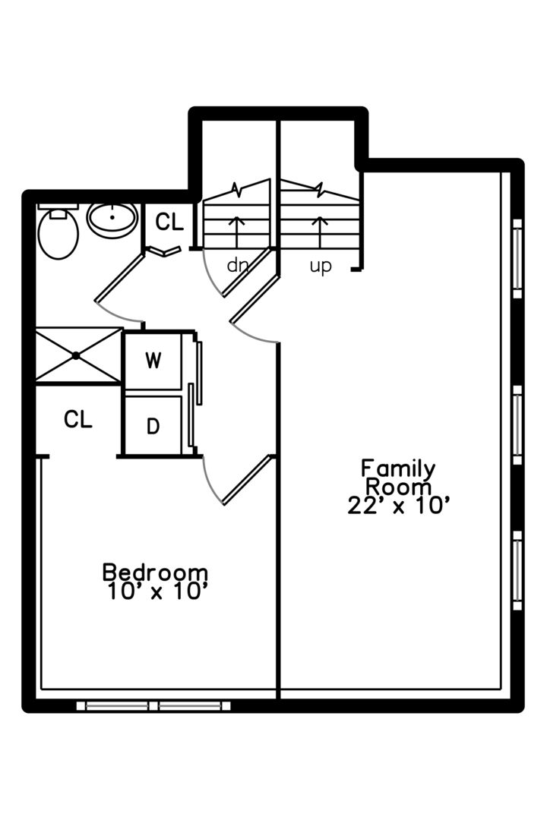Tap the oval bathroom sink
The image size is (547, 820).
pos(112,220)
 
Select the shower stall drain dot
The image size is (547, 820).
pos(77,355)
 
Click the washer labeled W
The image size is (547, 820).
pos(153,361)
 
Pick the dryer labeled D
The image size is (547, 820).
pos(153,426)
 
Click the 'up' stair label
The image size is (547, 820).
pos(321,266)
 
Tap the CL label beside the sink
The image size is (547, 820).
pos(169,222)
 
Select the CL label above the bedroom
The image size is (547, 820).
pos(78,419)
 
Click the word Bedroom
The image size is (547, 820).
pos(155,572)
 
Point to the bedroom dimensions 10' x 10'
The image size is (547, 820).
pos(158,591)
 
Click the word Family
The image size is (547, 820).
pos(398,468)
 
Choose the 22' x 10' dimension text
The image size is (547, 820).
pos(399,506)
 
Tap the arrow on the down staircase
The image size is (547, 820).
pos(236,232)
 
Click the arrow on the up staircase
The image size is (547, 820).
pos(320,232)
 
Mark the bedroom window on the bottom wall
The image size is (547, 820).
pos(153,706)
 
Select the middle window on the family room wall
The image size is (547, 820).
pos(517,424)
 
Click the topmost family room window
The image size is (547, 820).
pos(517,258)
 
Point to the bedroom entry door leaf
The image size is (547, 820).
pos(248,480)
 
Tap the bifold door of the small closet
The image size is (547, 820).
pos(164,251)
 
